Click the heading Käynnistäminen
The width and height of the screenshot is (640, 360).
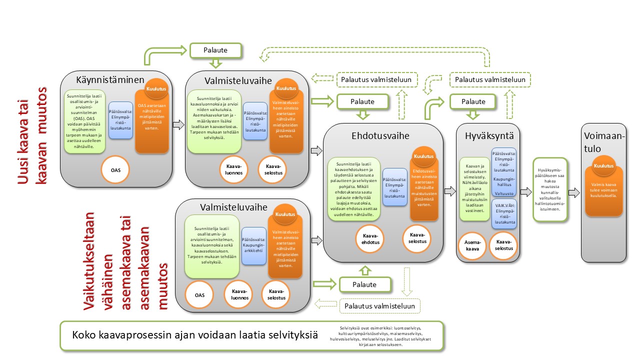tap(110, 80)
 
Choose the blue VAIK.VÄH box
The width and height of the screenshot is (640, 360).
tap(504, 214)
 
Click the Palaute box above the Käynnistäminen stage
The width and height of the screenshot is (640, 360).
tap(215, 50)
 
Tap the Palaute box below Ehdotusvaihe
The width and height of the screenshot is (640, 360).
tap(364, 284)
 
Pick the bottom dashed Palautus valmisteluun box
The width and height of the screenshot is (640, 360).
tap(379, 305)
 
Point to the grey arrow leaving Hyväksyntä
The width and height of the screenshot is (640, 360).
tap(525, 192)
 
